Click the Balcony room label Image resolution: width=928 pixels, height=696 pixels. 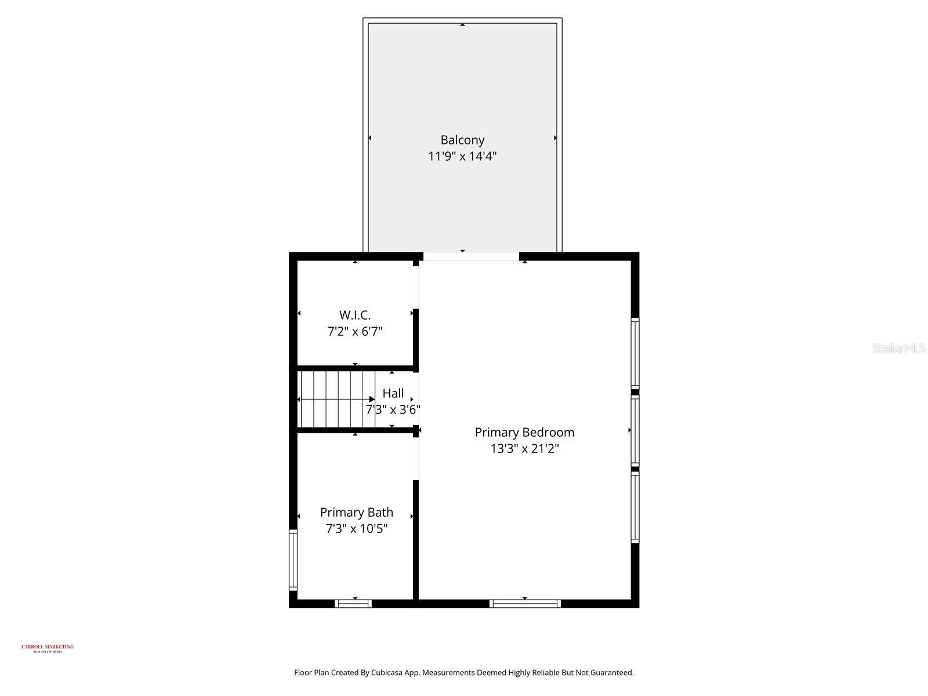462,140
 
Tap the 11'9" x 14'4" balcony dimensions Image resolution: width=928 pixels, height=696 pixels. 462,156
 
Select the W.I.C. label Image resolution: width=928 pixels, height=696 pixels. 355,315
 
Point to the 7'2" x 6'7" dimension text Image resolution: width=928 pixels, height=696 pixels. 355,332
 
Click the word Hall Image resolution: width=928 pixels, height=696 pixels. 393,393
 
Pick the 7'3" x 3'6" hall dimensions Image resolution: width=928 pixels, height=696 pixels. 393,409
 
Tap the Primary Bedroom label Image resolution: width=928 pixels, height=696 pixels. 524,432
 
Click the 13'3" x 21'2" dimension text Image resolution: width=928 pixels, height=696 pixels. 524,448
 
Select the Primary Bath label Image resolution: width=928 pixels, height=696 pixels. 357,512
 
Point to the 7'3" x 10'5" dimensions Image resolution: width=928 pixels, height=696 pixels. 357,528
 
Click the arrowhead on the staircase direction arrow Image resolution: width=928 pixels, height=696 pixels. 372,399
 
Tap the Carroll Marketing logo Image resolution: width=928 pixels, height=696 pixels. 48,648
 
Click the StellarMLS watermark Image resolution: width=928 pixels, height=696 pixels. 899,348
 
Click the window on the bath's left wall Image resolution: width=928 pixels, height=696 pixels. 293,560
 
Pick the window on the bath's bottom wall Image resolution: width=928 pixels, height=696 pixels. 353,604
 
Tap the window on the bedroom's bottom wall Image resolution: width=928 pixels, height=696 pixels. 525,604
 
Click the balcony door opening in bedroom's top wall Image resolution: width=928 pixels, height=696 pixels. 471,256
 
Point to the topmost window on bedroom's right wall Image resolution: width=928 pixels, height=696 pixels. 635,353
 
